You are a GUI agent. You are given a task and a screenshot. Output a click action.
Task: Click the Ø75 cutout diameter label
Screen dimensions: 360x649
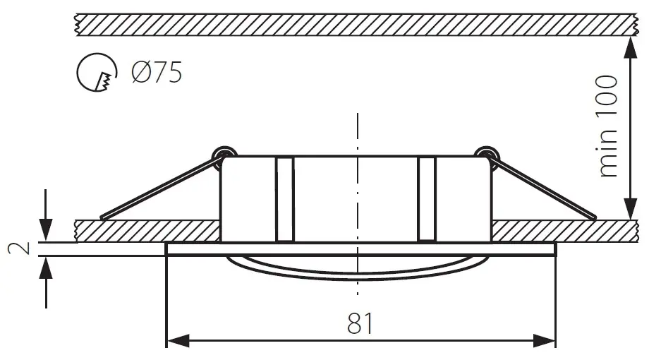(x=156, y=72)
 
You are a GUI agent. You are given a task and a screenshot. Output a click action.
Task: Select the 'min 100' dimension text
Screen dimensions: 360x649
(x=607, y=126)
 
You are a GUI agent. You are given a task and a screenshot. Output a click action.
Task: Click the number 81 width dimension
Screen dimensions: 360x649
(x=360, y=323)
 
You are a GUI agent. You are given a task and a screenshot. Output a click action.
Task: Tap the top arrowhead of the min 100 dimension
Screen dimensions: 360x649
(x=627, y=46)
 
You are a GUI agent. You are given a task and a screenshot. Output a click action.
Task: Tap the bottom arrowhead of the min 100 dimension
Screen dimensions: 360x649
(x=627, y=209)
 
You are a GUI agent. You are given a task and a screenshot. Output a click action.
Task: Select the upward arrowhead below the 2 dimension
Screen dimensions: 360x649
(x=46, y=267)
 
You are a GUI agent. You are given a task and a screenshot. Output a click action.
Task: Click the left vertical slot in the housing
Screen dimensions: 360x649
(x=284, y=199)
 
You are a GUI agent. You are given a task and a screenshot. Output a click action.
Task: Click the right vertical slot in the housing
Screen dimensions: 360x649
(x=427, y=199)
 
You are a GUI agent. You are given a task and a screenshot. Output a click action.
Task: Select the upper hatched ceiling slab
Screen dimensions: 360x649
(x=353, y=24)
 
